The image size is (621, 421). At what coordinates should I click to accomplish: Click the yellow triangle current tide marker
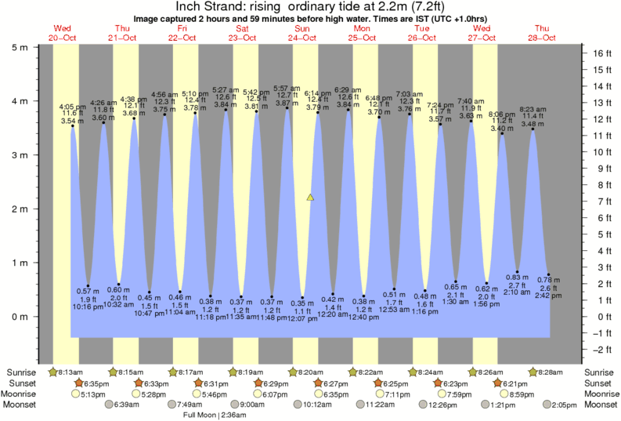coord(310,198)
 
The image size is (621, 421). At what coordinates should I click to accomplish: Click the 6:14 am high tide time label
coord(317,93)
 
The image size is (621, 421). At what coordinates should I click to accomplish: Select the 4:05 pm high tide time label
coord(72,106)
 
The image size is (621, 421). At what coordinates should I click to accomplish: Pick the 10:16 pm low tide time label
coord(88,307)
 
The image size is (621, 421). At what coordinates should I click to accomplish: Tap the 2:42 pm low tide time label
coord(548,296)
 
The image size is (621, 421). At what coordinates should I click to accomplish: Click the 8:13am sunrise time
coord(67,372)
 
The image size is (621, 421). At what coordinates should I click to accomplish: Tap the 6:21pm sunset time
coord(516,383)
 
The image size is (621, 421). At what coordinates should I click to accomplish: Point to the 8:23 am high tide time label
coord(533,109)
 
